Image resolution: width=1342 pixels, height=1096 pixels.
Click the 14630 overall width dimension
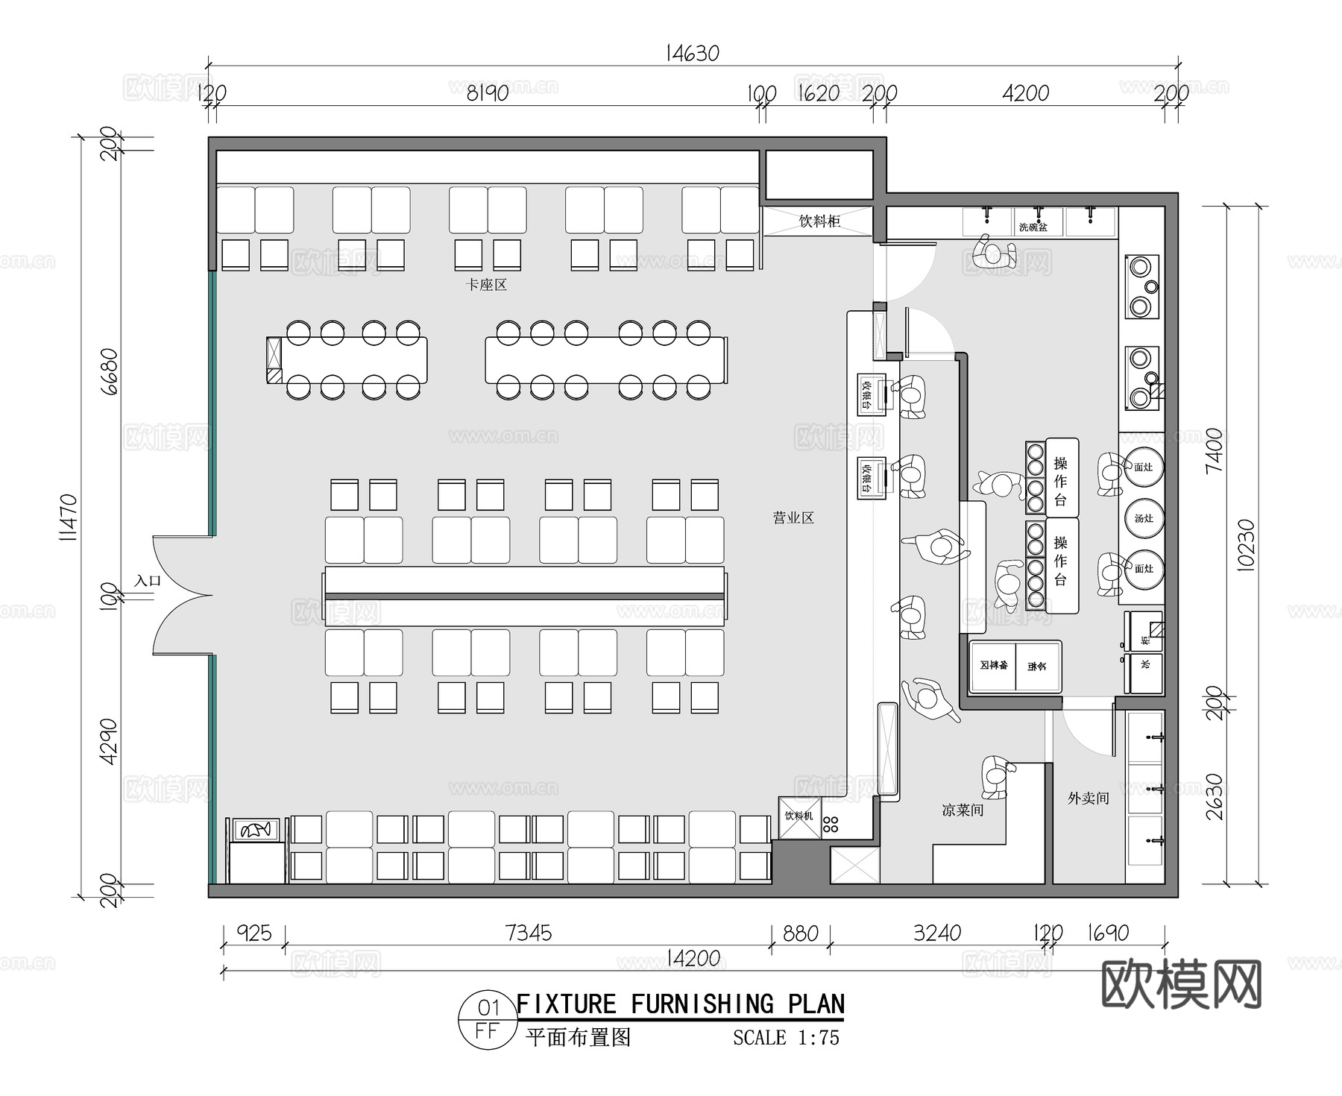pyautogui.click(x=693, y=54)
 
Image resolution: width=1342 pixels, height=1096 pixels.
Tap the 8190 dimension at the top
pyautogui.click(x=488, y=93)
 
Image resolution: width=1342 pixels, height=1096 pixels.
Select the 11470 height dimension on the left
pyautogui.click(x=69, y=516)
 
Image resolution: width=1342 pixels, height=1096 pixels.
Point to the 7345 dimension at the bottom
pyautogui.click(x=528, y=933)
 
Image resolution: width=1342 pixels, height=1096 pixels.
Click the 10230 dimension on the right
pyautogui.click(x=1246, y=545)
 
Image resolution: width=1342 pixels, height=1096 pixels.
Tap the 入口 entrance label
pyautogui.click(x=148, y=580)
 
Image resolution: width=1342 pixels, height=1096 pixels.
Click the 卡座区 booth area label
pyautogui.click(x=486, y=285)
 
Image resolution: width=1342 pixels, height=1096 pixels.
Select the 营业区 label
pyautogui.click(x=793, y=517)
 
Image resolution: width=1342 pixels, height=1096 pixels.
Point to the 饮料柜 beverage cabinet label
pyautogui.click(x=819, y=221)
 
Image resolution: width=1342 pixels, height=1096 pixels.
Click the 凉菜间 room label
pyautogui.click(x=963, y=810)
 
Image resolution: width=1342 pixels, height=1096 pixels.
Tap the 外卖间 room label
pyautogui.click(x=1088, y=799)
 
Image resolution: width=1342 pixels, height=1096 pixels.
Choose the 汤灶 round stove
pyautogui.click(x=1144, y=518)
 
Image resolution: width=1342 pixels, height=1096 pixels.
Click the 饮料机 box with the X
pyautogui.click(x=799, y=817)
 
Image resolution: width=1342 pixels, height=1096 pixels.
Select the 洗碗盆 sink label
pyautogui.click(x=1033, y=227)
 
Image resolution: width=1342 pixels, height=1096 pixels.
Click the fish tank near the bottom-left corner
pyautogui.click(x=256, y=829)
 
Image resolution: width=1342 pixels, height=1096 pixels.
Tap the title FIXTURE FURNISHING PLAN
pyautogui.click(x=680, y=1004)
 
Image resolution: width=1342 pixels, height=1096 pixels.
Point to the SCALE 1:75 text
pyautogui.click(x=786, y=1038)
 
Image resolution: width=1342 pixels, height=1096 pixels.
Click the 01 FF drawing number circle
pyautogui.click(x=488, y=1020)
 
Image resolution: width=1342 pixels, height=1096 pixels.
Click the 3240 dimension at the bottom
pyautogui.click(x=937, y=933)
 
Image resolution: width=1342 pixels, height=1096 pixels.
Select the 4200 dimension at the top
pyautogui.click(x=1026, y=93)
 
